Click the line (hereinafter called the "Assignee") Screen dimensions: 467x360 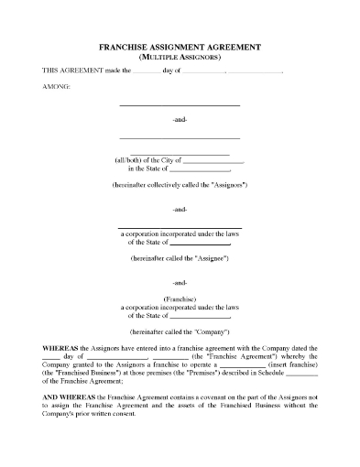180,259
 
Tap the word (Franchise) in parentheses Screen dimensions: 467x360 180,299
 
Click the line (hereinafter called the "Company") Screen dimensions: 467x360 180,330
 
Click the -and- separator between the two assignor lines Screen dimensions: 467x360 180,120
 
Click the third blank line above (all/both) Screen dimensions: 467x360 180,152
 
